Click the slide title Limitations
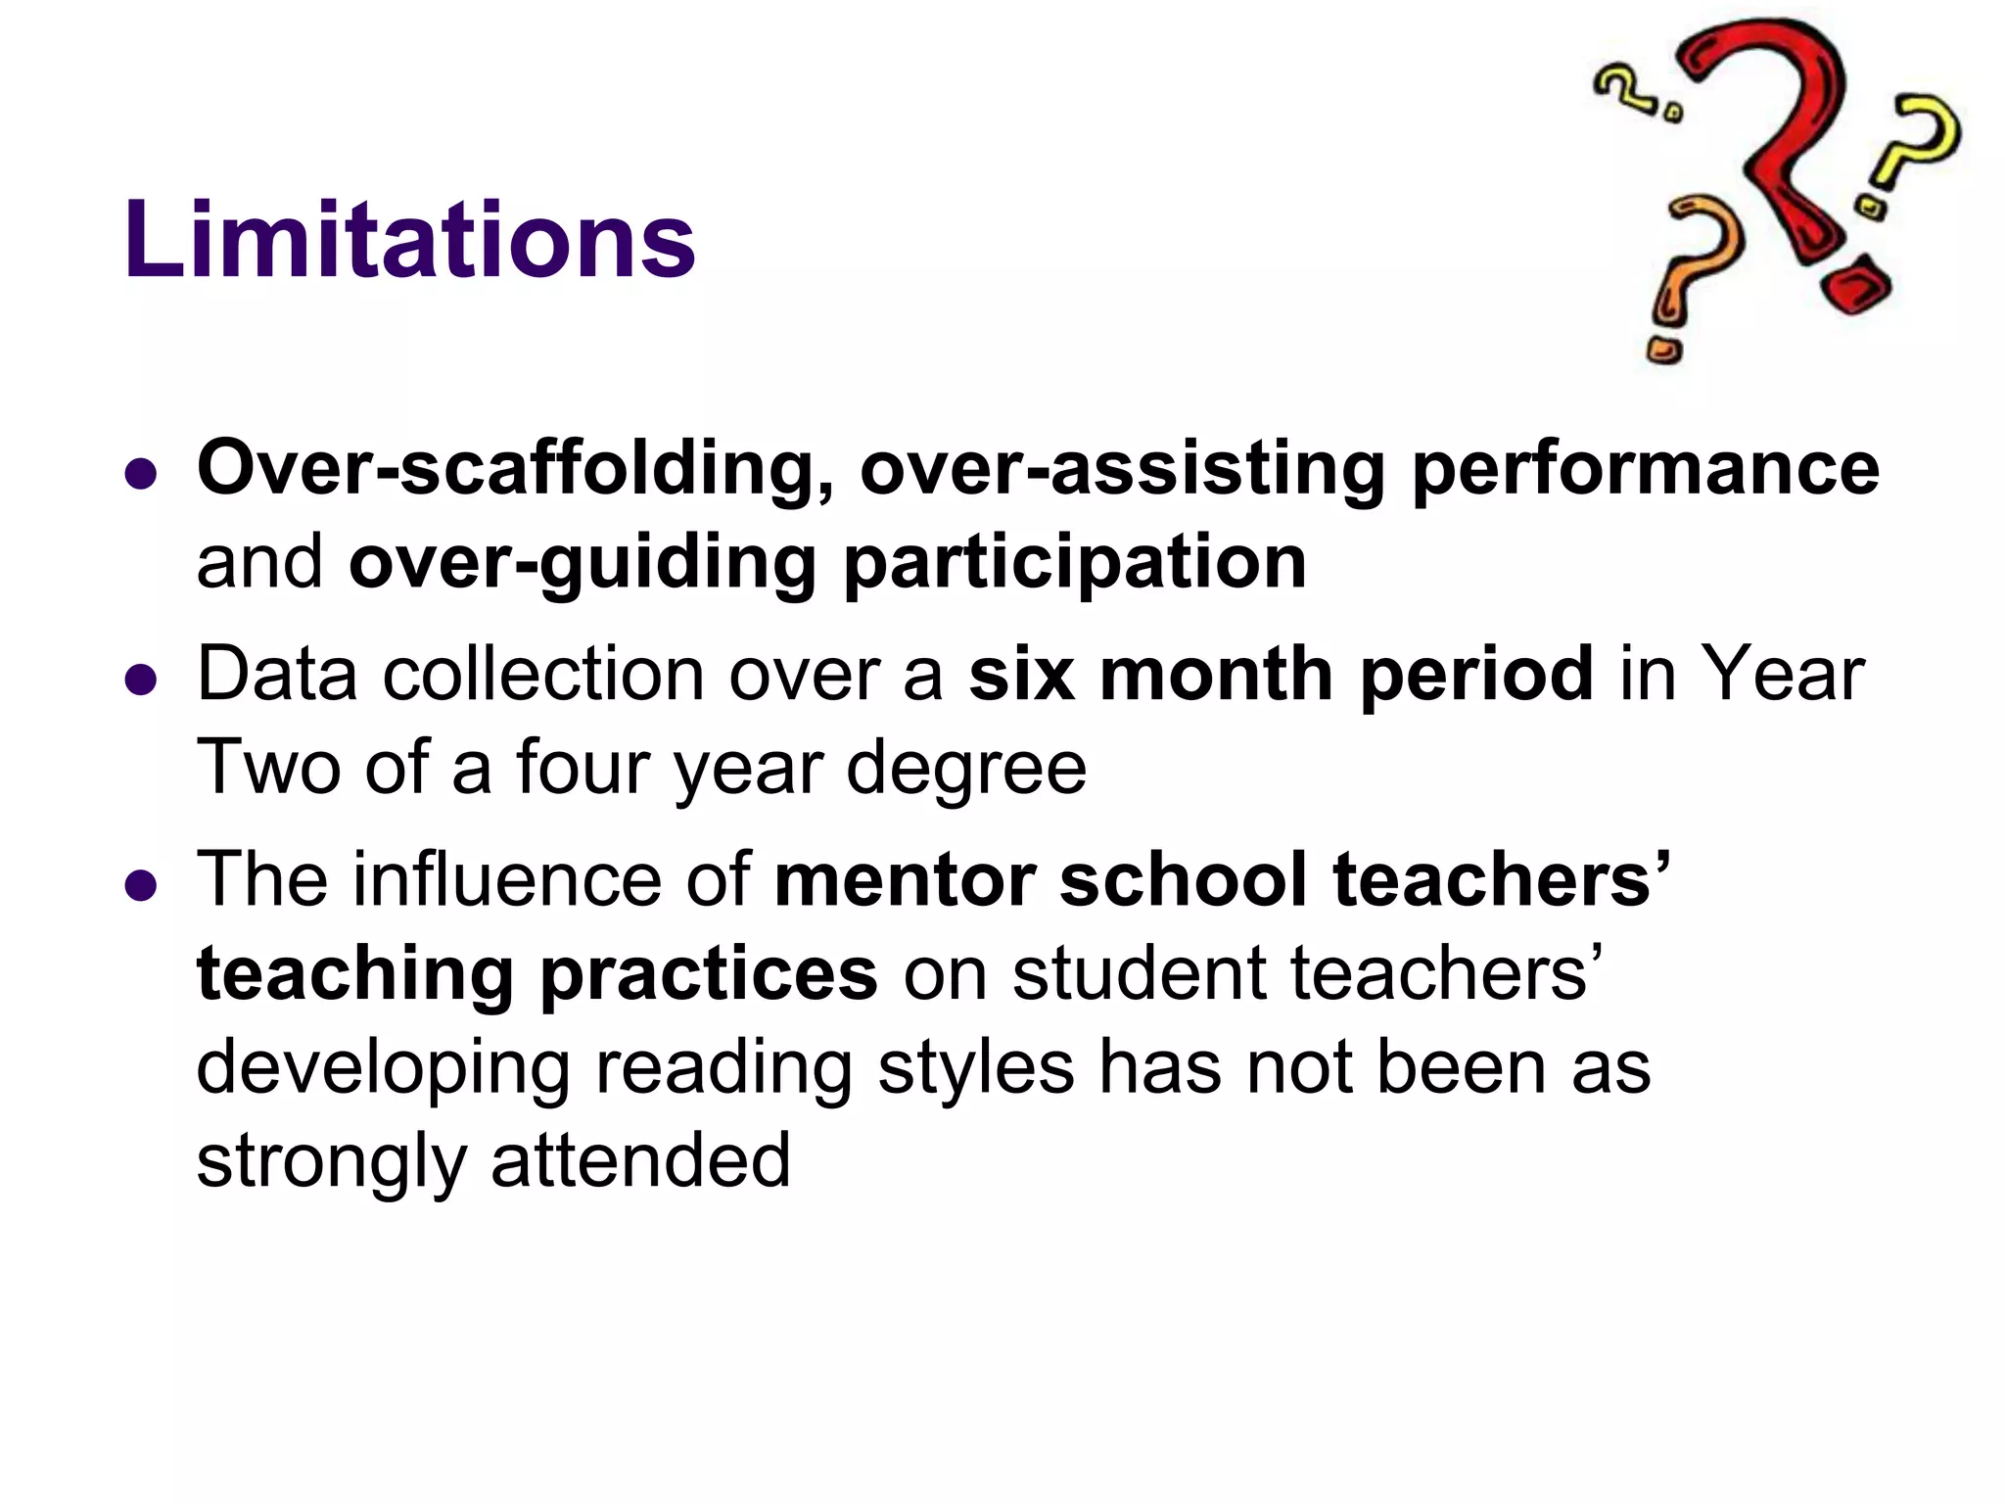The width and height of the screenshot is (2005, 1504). (409, 240)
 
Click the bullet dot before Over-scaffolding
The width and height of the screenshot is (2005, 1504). (142, 474)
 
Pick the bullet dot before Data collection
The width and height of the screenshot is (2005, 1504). (142, 680)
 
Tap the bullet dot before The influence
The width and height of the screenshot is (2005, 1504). (142, 885)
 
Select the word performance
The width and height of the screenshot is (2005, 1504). (1645, 468)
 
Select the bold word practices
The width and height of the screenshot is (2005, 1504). (709, 973)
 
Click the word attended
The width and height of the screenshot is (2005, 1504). (640, 1159)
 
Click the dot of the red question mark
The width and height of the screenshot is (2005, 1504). (1855, 286)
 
